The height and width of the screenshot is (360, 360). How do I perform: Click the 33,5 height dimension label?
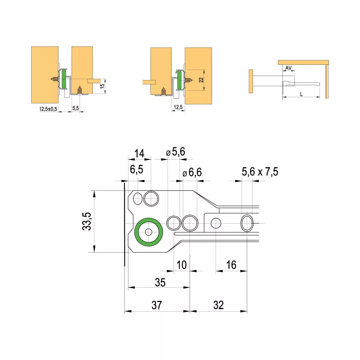(x=87, y=221)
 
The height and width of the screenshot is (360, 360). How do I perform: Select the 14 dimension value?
(x=139, y=153)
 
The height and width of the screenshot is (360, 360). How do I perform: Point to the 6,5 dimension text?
(x=136, y=170)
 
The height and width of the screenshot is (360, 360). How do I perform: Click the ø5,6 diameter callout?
(x=176, y=152)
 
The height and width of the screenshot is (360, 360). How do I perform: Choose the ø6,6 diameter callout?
(x=192, y=172)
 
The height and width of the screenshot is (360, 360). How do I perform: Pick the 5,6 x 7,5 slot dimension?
(x=260, y=172)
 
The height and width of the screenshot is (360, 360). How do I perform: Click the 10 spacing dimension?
(x=182, y=265)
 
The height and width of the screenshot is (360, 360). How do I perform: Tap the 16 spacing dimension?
(x=231, y=265)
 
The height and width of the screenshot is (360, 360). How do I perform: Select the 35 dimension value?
(x=160, y=282)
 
